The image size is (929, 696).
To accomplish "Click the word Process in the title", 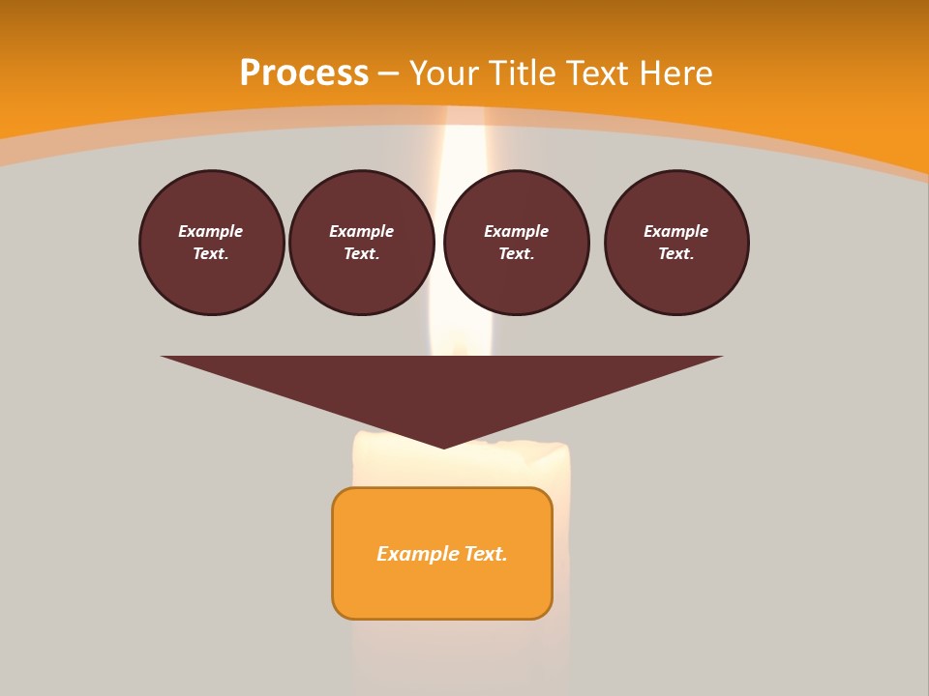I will pos(304,73).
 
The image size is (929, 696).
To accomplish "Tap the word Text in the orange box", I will pos(487,554).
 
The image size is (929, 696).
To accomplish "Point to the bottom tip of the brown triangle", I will pos(443,446).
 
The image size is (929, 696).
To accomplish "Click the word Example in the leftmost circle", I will pos(211,231).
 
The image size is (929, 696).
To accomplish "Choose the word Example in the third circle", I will pos(516,231).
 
